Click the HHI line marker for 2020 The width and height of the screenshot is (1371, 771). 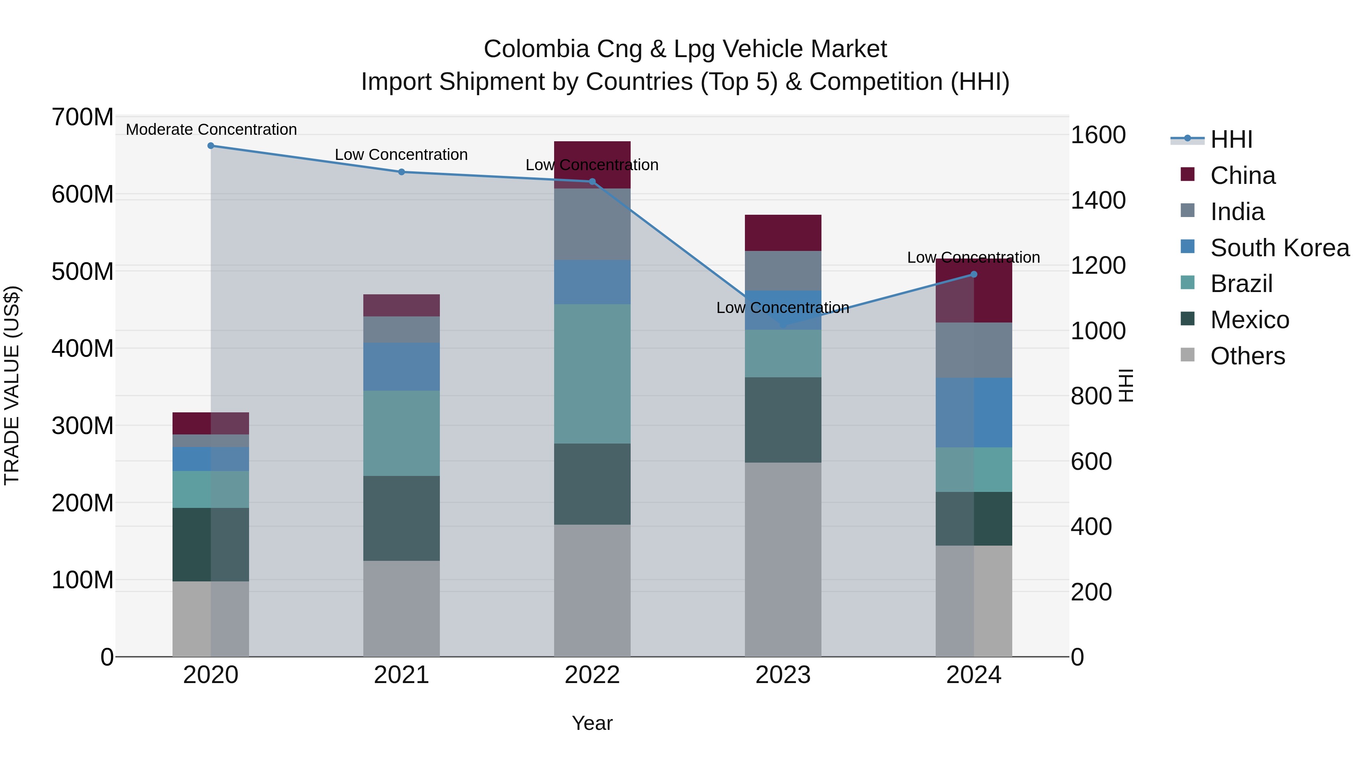click(x=211, y=146)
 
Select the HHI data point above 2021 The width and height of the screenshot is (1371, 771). click(x=401, y=172)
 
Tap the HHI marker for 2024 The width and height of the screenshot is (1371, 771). click(x=973, y=275)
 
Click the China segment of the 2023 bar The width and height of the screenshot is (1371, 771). click(x=783, y=233)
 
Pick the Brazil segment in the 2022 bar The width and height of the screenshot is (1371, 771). click(x=592, y=374)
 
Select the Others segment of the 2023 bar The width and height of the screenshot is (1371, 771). click(x=783, y=559)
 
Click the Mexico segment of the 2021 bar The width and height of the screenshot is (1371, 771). click(x=401, y=518)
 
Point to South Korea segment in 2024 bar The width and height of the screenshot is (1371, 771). click(x=973, y=412)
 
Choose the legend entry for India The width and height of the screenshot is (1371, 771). click(x=1237, y=212)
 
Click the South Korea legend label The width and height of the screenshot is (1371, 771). click(x=1280, y=248)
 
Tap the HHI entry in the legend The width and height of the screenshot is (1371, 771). click(x=1231, y=139)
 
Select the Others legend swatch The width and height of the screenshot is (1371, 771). click(x=1187, y=355)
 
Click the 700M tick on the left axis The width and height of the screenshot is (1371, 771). click(x=83, y=117)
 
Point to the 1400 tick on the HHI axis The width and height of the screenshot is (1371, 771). click(x=1098, y=201)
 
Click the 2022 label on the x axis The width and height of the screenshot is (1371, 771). click(x=592, y=675)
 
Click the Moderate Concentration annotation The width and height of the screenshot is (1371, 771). click(x=211, y=129)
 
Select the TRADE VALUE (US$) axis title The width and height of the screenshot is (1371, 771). click(x=12, y=385)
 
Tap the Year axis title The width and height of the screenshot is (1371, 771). click(x=592, y=723)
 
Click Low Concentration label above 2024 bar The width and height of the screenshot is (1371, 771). click(x=973, y=257)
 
